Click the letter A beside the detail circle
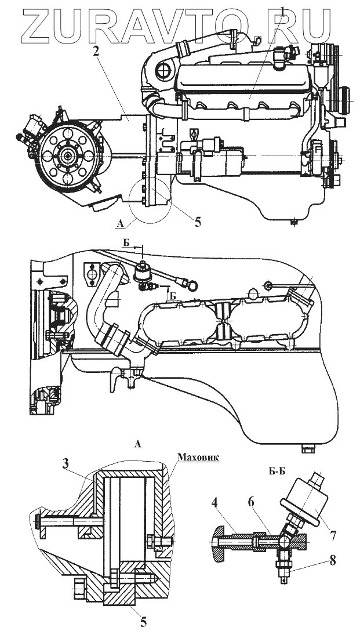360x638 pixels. point(119,223)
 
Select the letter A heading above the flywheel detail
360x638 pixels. point(137,445)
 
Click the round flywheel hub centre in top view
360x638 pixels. point(69,155)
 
